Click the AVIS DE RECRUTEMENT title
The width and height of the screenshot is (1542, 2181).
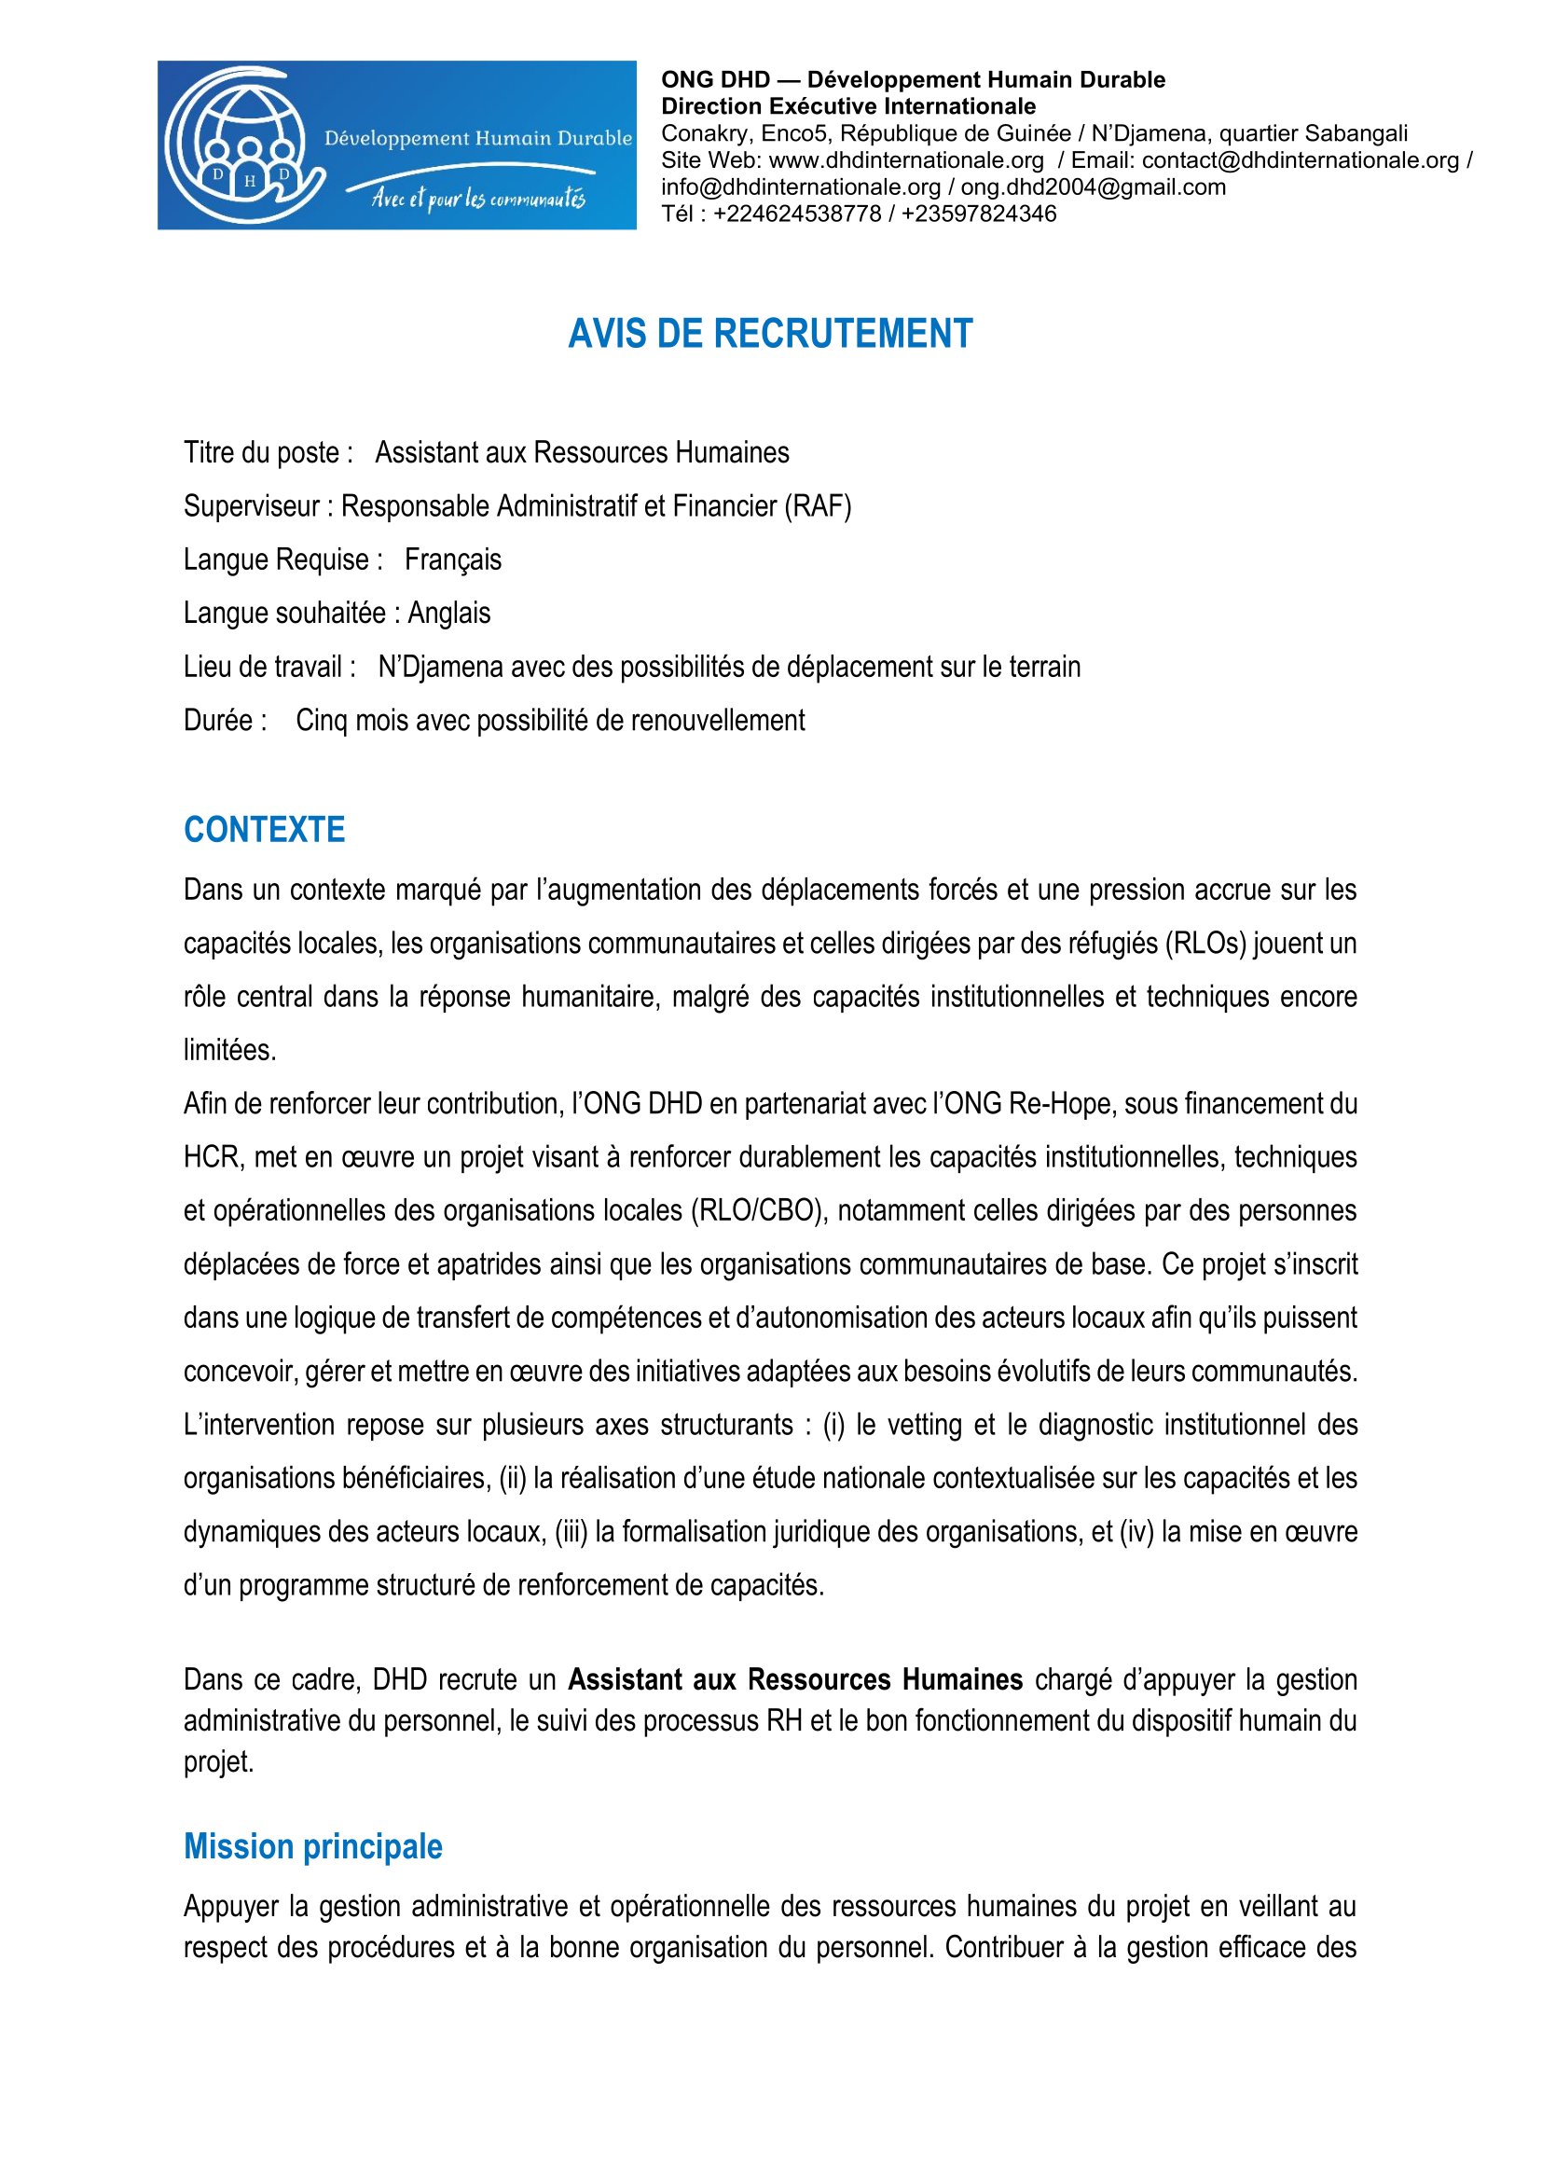coord(770,335)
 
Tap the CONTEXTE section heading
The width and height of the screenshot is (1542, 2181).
coord(264,830)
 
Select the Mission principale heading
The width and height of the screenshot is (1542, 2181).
coord(312,1846)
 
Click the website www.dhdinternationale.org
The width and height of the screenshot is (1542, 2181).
coord(906,160)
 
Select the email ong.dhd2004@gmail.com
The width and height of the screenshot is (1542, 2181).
coord(1093,187)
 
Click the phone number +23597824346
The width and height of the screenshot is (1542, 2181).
coord(979,214)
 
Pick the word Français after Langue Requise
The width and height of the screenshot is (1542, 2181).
coord(453,559)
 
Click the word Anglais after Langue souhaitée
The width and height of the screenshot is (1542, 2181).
coord(449,613)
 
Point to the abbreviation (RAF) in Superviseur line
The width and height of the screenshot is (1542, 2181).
coord(818,506)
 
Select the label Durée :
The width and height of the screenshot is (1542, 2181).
coord(225,720)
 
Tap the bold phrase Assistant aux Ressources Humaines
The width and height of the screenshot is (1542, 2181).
coord(794,1679)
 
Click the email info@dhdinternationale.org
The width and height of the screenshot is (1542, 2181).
coord(801,187)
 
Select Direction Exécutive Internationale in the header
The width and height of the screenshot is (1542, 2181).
coord(847,106)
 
